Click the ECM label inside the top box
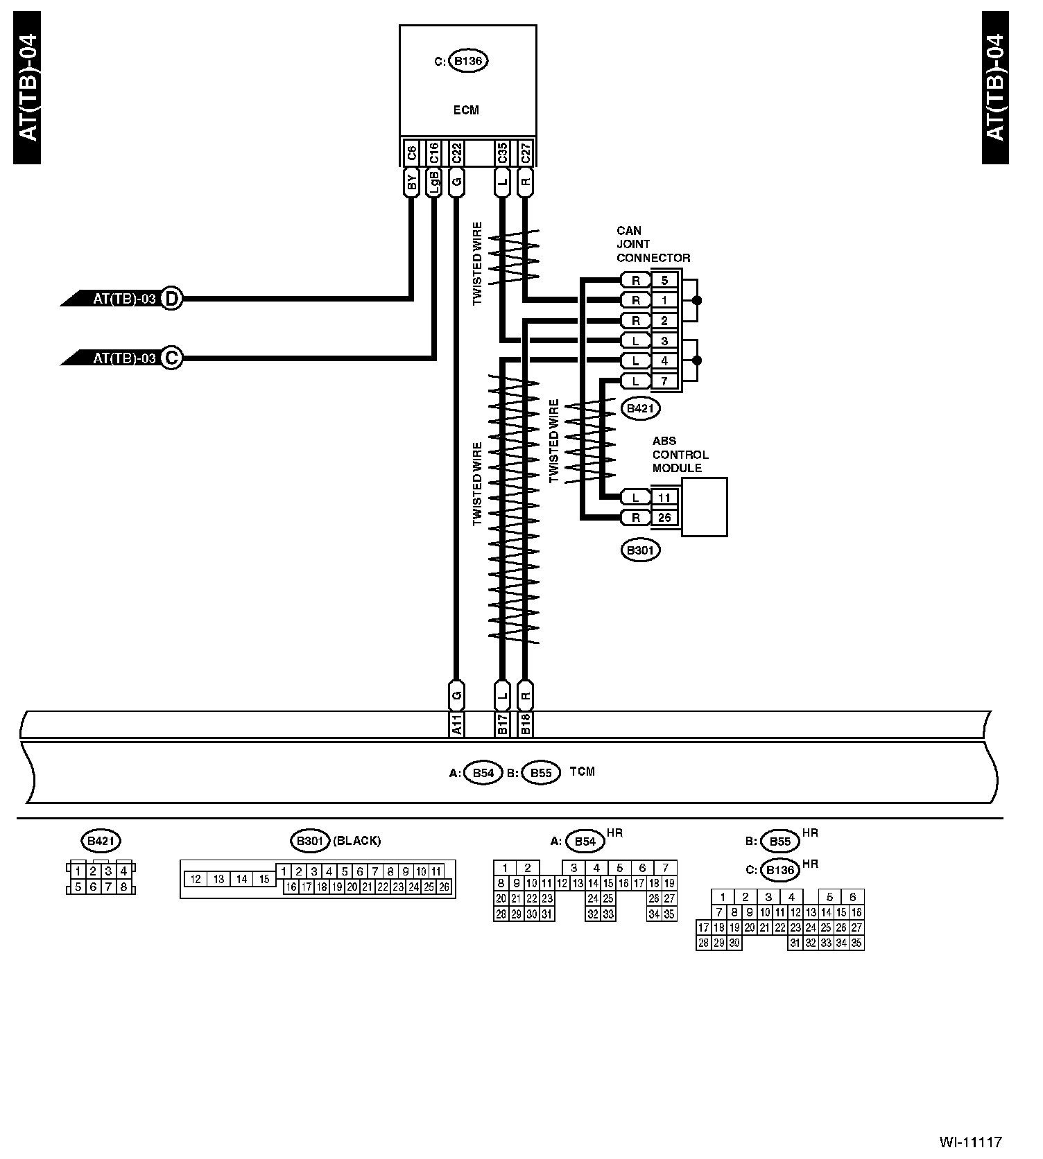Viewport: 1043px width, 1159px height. (465, 110)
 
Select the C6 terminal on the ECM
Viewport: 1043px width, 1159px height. (411, 153)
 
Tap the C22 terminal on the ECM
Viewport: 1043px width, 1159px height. (456, 153)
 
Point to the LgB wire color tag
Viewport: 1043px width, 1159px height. (433, 183)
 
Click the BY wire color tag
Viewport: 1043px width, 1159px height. (411, 183)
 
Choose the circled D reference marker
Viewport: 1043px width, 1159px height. (171, 299)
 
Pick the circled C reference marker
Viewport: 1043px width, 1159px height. (171, 358)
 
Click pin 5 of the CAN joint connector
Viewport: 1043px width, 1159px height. (664, 280)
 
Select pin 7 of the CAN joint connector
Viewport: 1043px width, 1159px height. (664, 381)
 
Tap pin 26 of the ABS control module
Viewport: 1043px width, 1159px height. (664, 517)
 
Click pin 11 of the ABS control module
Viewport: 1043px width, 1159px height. (664, 497)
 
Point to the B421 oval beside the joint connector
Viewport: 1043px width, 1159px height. (640, 408)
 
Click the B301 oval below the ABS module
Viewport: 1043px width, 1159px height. (640, 550)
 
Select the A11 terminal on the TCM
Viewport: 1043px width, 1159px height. (456, 724)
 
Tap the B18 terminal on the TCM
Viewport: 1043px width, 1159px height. (526, 724)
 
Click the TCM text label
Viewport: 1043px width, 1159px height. (582, 772)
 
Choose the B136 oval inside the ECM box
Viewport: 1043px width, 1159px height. (468, 61)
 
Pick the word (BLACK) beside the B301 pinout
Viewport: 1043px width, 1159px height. (357, 841)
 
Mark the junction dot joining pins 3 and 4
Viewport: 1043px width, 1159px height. (697, 360)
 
